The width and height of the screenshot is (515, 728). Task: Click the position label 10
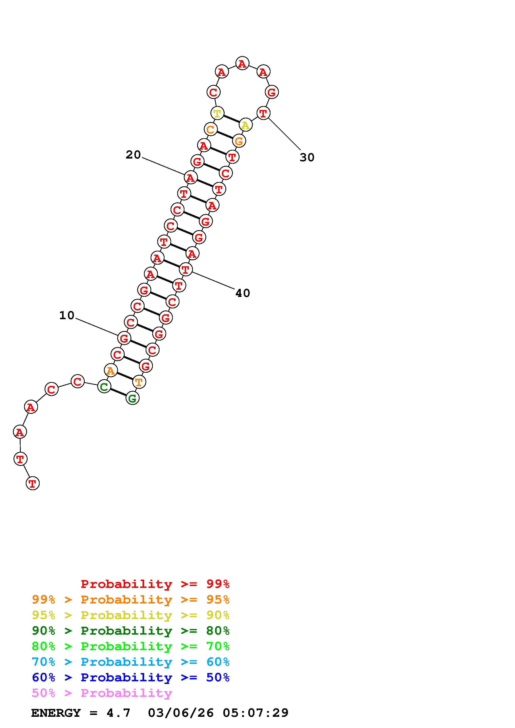(x=67, y=315)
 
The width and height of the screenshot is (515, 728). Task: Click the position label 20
(x=133, y=155)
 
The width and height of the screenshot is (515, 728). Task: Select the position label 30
(x=307, y=157)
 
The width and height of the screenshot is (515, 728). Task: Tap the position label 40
(x=243, y=293)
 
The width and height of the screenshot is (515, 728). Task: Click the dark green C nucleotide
(x=104, y=386)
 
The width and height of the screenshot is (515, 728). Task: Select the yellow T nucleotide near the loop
(x=217, y=113)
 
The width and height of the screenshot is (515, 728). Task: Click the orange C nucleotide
(x=210, y=129)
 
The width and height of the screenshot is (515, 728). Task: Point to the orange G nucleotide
(x=239, y=140)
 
